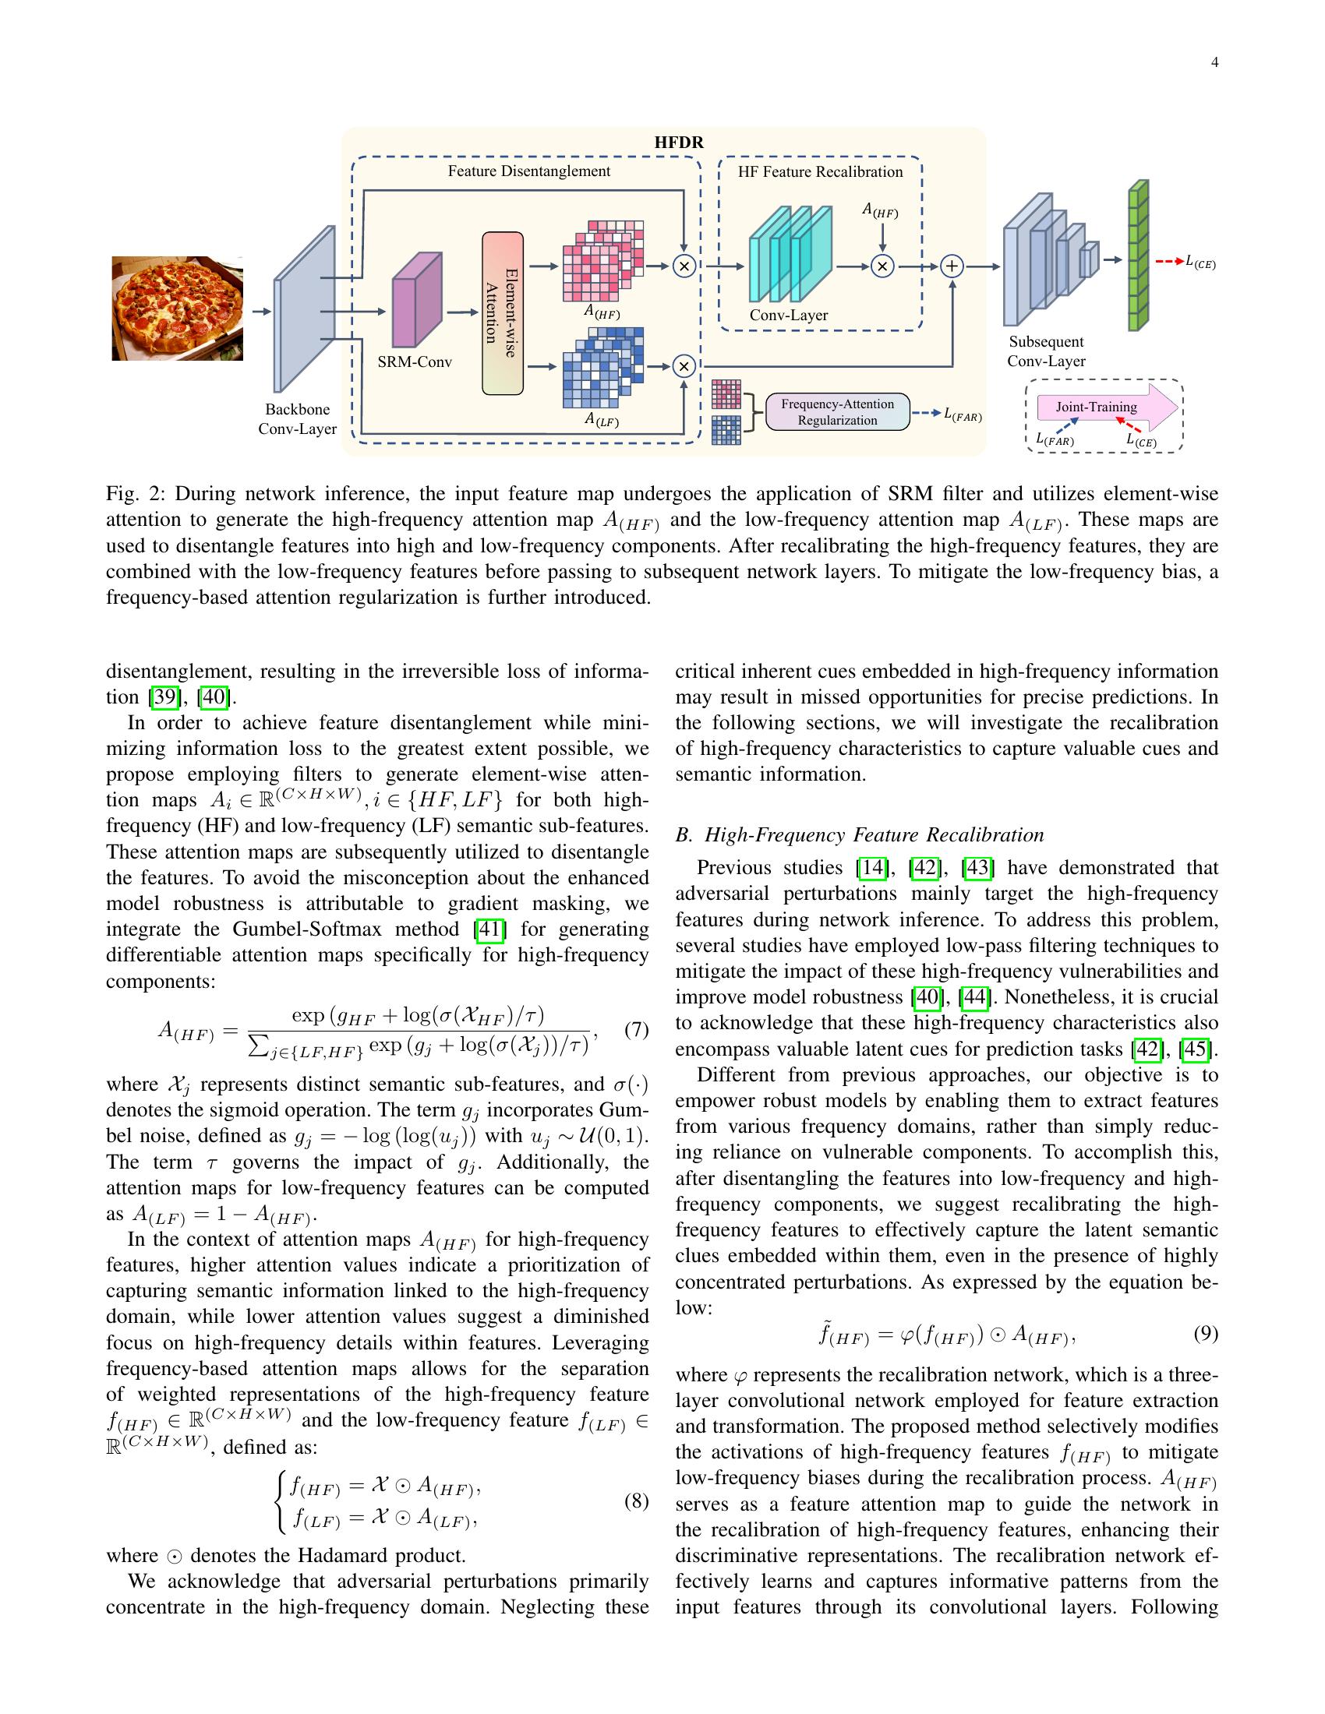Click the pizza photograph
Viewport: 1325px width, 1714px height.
click(x=178, y=308)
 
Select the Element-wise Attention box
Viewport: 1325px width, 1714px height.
click(x=503, y=313)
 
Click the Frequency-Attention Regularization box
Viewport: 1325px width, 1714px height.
click(x=837, y=412)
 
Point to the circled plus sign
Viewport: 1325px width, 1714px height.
click(x=952, y=266)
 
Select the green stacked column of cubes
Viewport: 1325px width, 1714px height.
click(x=1137, y=256)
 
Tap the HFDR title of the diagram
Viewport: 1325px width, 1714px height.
click(x=679, y=143)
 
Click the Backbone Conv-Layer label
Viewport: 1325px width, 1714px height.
click(x=298, y=419)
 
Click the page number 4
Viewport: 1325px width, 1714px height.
click(x=1214, y=63)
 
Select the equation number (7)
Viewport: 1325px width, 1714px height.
click(x=636, y=1029)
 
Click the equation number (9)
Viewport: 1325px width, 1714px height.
click(x=1205, y=1333)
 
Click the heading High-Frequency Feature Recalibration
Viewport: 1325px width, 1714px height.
click(x=874, y=834)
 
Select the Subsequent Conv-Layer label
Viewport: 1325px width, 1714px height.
click(x=1046, y=351)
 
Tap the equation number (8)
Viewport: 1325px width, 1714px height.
click(x=636, y=1501)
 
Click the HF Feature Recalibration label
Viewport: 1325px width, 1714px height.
click(x=819, y=172)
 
